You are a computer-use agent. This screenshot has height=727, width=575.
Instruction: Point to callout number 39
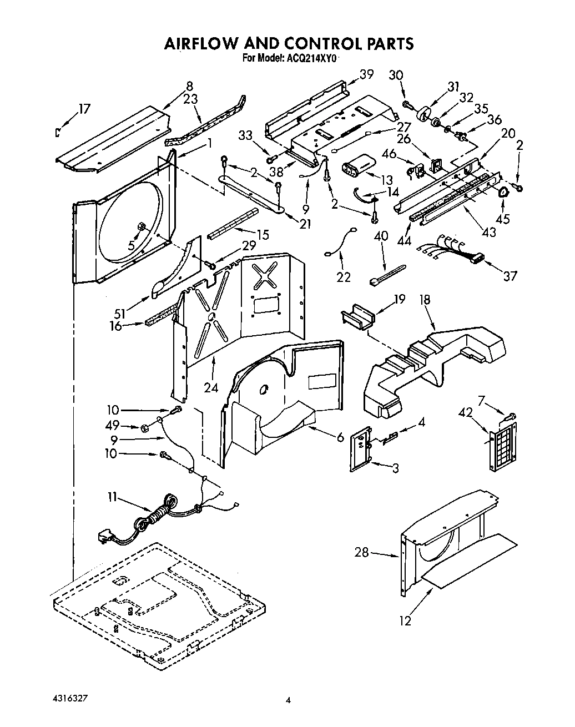point(366,74)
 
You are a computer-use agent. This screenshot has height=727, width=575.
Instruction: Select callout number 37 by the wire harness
point(510,276)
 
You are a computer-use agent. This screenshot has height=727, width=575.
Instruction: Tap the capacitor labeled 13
point(358,167)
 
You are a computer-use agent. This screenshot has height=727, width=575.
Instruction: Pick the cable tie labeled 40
point(386,274)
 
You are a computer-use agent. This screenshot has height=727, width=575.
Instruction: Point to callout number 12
point(406,620)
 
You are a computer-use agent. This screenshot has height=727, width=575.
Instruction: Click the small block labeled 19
point(357,320)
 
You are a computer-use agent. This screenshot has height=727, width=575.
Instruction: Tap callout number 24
point(210,387)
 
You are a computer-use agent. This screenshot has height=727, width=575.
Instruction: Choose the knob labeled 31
point(426,112)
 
